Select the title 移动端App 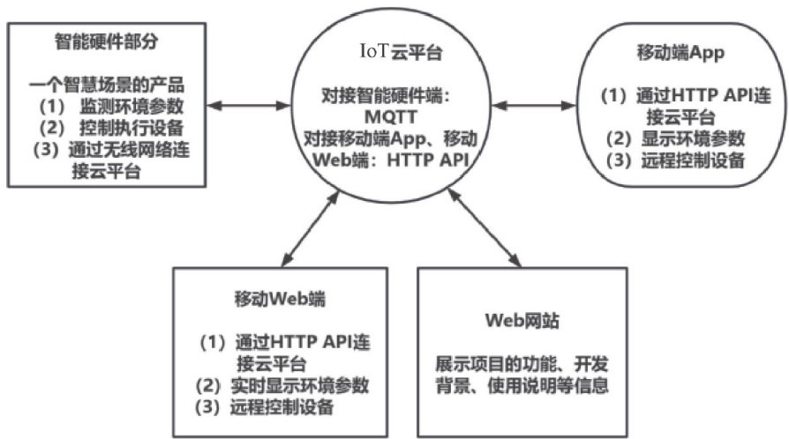click(668, 53)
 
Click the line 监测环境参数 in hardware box click(116, 106)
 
